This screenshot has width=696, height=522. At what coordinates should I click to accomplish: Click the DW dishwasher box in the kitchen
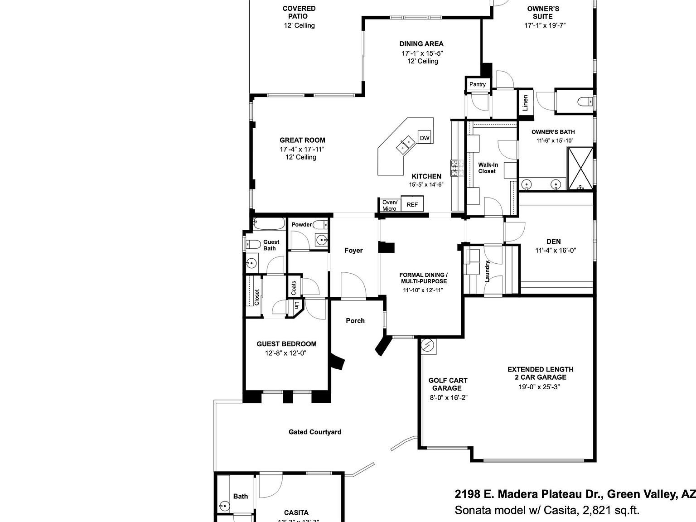424,138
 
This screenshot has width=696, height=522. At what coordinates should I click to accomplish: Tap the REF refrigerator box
412,204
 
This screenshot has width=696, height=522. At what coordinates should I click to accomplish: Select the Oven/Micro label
389,205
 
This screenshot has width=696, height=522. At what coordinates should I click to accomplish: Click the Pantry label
477,84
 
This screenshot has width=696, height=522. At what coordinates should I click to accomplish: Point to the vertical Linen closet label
525,102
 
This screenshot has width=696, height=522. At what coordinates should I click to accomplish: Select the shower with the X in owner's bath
580,168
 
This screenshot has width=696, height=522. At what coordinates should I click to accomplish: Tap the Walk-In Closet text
488,168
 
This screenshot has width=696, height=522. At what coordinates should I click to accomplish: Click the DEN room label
553,242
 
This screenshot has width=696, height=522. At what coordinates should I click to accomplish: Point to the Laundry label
488,271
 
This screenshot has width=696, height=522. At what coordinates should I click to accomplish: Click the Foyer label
353,250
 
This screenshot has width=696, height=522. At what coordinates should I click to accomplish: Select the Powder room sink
322,240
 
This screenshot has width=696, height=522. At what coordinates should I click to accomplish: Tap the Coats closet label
294,287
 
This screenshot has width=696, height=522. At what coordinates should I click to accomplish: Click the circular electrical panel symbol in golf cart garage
428,346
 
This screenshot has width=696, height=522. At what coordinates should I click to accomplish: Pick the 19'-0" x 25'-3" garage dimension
540,387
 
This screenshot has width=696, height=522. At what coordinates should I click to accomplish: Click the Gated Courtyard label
315,432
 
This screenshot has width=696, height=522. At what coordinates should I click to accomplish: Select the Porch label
355,320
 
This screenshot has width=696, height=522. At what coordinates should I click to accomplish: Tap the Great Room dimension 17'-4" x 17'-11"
302,149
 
